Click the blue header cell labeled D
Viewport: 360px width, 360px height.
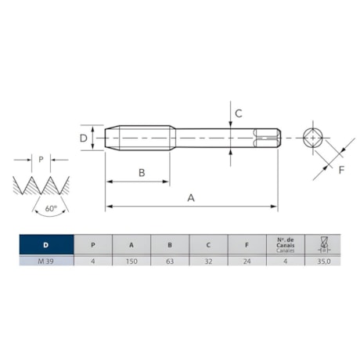coord(45,244)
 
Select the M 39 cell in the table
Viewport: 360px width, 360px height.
coord(45,262)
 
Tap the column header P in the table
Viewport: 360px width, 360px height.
coord(93,244)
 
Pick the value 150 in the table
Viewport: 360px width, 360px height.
coord(131,262)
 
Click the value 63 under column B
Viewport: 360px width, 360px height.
coord(170,262)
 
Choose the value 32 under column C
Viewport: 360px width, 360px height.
coord(208,262)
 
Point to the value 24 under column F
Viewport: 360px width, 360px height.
coord(247,262)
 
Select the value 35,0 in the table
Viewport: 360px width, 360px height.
coord(323,262)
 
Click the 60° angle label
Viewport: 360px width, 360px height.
coord(51,209)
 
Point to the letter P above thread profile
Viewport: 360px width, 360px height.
coord(41,159)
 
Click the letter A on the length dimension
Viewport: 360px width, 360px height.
coord(190,198)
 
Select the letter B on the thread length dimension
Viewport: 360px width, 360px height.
coord(142,172)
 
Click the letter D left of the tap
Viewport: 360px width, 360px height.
coord(84,138)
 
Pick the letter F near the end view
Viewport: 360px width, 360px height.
coord(340,169)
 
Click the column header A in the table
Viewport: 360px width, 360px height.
coord(131,244)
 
